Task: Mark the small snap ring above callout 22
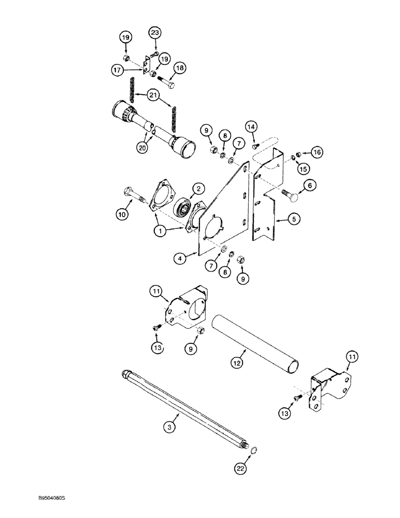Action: pos(252,452)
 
